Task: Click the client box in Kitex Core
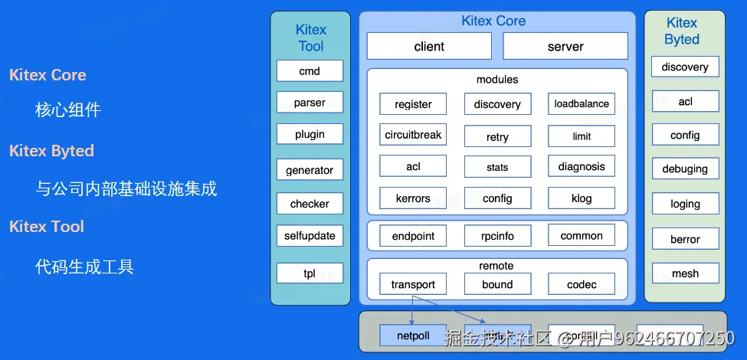(x=429, y=47)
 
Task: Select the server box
(x=565, y=47)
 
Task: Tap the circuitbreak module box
(x=413, y=135)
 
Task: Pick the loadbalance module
(x=582, y=104)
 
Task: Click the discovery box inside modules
(x=497, y=104)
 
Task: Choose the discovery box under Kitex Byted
(x=685, y=67)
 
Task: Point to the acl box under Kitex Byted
(x=685, y=101)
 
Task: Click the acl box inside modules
(x=413, y=167)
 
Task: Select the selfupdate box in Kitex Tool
(x=310, y=235)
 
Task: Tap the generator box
(x=310, y=170)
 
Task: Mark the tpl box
(x=310, y=273)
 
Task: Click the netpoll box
(x=413, y=335)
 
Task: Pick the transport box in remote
(x=413, y=285)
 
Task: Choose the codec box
(x=582, y=285)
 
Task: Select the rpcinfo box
(x=497, y=237)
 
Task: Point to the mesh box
(x=685, y=273)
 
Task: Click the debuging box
(x=685, y=169)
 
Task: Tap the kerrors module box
(x=413, y=198)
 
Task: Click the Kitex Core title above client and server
(x=493, y=21)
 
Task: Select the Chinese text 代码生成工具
(x=84, y=267)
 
